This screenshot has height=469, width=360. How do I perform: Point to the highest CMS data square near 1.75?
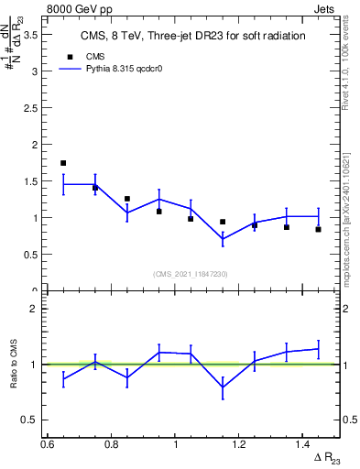tap(63, 163)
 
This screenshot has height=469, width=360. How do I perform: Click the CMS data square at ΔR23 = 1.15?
tap(223, 222)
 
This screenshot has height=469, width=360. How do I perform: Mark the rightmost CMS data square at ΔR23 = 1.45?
tap(318, 229)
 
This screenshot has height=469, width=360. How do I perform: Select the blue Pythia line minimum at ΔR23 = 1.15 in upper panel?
tap(223, 239)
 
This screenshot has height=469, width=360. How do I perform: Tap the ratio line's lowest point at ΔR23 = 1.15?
tap(223, 387)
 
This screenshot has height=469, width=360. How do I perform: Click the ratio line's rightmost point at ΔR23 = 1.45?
tap(318, 348)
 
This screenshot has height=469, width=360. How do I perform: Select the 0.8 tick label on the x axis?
tap(111, 444)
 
